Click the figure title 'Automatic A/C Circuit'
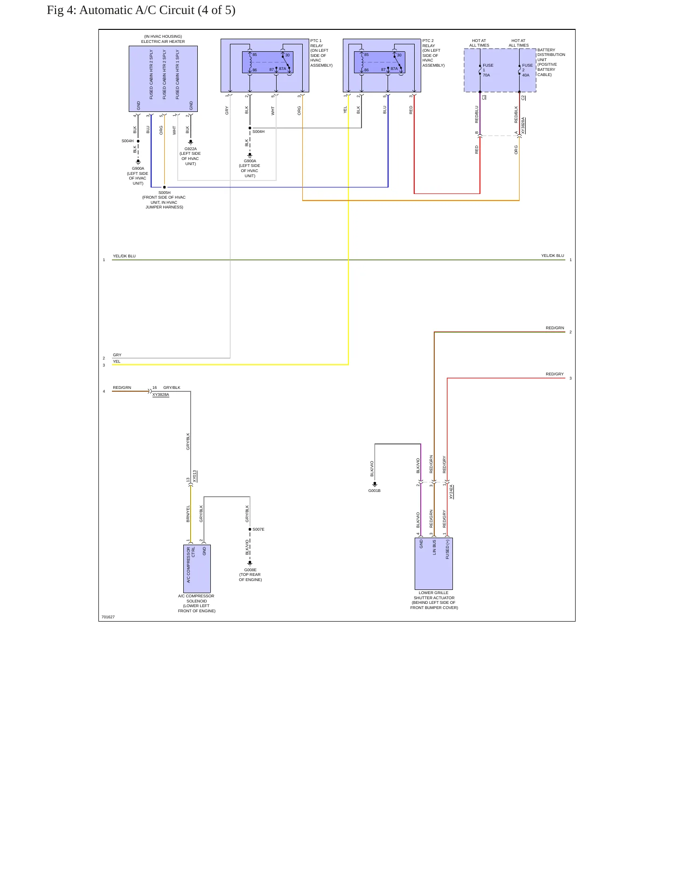(x=137, y=10)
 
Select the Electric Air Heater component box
(x=163, y=79)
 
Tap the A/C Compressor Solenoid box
(x=197, y=568)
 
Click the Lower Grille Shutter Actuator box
(x=433, y=563)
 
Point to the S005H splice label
(x=164, y=193)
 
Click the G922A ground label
(x=190, y=149)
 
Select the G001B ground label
(x=375, y=491)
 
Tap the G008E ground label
(x=250, y=570)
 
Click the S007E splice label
(x=258, y=529)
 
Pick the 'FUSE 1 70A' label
(x=488, y=70)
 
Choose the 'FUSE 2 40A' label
(x=527, y=70)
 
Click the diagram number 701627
(x=108, y=617)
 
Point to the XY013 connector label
(x=195, y=476)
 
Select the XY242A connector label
(x=452, y=492)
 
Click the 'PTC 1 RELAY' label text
(x=317, y=43)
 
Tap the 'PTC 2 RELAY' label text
(x=429, y=43)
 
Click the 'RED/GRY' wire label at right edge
(x=555, y=374)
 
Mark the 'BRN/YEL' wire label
(x=188, y=513)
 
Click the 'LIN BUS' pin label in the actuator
(x=434, y=547)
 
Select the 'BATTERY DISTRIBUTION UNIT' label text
(x=551, y=55)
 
